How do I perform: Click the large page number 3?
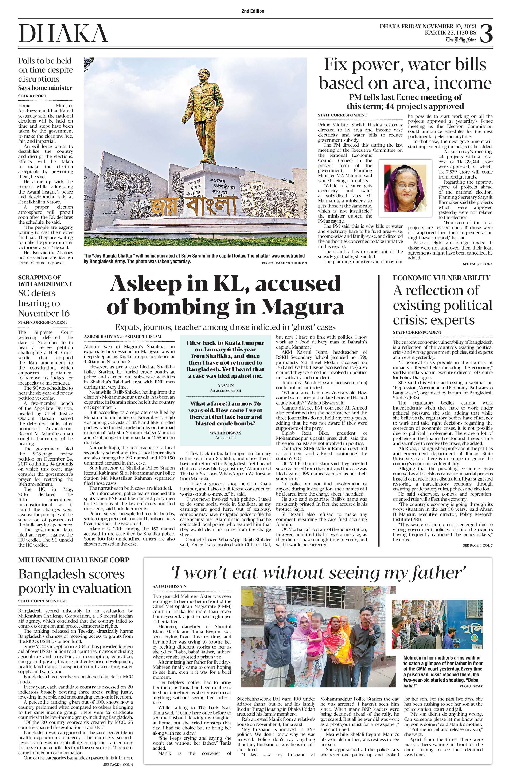coord(486,34)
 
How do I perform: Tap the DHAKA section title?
coord(63,34)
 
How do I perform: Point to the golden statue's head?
coord(202,77)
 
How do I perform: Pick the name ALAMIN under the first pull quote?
coord(226,385)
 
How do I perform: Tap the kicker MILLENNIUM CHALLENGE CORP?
coord(74,560)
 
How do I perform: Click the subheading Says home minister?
coord(45,88)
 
